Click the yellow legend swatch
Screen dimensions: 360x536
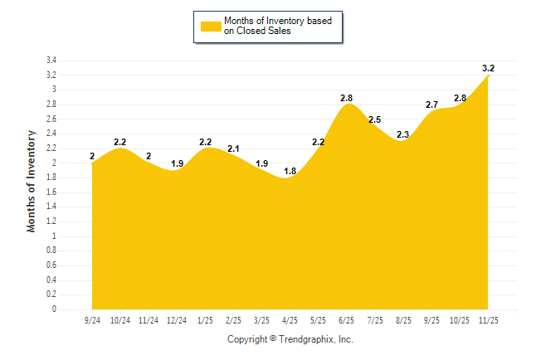pos(211,27)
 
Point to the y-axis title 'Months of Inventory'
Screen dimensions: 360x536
pos(32,180)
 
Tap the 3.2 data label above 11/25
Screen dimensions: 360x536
pos(489,68)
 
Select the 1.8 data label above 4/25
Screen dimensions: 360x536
pos(290,171)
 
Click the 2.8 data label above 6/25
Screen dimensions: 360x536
pos(347,98)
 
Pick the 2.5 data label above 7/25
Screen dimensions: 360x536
pos(374,119)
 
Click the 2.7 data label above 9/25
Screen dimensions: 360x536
pos(432,105)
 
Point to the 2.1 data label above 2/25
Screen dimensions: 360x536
pos(233,149)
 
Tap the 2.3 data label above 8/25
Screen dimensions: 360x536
pos(403,134)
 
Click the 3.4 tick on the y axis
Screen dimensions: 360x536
pos(51,61)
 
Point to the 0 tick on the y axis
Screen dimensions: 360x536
pos(54,309)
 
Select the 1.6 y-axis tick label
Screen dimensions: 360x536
pos(51,192)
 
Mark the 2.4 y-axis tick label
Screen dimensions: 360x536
pos(51,134)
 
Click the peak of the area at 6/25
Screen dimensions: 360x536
pos(348,105)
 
